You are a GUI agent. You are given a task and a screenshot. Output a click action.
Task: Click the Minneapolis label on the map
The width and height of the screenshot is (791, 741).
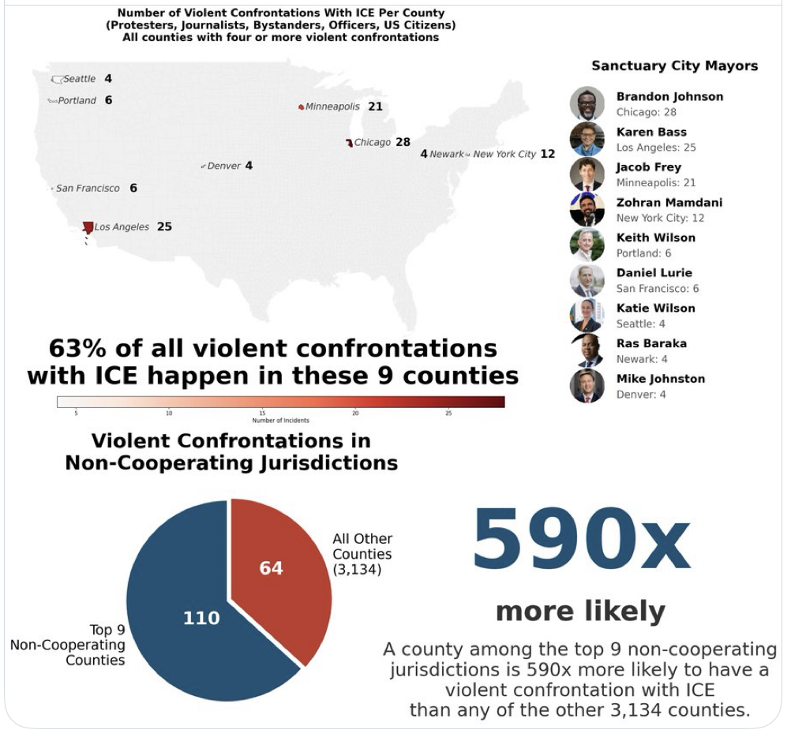332,107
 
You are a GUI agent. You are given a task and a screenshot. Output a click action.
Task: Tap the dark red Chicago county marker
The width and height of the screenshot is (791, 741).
348,143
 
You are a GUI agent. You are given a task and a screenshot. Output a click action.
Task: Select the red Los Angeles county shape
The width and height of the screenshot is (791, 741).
88,227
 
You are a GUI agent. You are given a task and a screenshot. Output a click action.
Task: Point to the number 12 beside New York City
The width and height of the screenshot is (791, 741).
548,154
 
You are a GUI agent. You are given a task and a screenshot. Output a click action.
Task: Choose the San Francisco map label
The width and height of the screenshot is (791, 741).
88,189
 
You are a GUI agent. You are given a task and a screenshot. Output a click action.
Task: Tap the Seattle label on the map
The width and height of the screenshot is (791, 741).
79,79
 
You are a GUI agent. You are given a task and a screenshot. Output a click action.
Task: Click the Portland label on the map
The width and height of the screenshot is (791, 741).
77,100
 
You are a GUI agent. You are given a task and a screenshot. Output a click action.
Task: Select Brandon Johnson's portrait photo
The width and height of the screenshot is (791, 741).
587,103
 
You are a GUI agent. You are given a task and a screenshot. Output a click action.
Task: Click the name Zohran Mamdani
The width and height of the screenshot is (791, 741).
669,202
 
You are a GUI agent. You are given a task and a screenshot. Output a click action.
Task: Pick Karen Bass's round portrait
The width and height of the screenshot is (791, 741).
587,139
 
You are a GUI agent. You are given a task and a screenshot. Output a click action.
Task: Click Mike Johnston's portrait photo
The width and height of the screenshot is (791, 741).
587,385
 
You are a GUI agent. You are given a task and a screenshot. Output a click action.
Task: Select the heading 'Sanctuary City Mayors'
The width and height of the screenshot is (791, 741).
674,65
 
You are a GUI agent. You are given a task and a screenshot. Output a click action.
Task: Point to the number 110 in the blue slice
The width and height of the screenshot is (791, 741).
201,618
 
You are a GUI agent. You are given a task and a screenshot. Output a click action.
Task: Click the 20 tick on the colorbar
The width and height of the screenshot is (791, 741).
355,413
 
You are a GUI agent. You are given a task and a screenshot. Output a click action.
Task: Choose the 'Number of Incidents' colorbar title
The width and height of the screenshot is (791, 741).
280,421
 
